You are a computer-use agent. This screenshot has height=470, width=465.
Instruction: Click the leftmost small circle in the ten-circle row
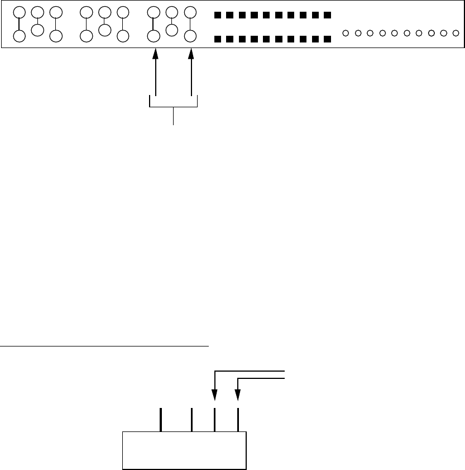click(346, 34)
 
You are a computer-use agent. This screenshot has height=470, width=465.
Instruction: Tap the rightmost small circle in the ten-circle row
click(456, 34)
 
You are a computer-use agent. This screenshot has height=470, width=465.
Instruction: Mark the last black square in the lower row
click(327, 39)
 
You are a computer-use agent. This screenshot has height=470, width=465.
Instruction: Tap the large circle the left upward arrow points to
click(155, 36)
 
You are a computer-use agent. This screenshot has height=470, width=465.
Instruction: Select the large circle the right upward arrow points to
click(190, 36)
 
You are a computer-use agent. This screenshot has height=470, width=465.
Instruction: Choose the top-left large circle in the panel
click(19, 12)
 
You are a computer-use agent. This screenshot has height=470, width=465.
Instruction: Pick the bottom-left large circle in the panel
click(19, 36)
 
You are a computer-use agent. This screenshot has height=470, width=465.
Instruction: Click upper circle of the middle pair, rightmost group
click(172, 12)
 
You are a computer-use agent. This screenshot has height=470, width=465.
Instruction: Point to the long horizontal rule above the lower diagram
click(104, 346)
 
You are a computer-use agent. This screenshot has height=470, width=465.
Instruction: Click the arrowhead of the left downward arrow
click(214, 396)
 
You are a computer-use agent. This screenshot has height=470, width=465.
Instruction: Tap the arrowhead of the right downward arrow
click(238, 396)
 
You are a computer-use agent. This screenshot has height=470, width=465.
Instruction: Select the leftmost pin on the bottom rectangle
click(161, 419)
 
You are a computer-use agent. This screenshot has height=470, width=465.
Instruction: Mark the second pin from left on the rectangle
click(191, 419)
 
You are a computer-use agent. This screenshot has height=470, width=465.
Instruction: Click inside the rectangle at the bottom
click(184, 449)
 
